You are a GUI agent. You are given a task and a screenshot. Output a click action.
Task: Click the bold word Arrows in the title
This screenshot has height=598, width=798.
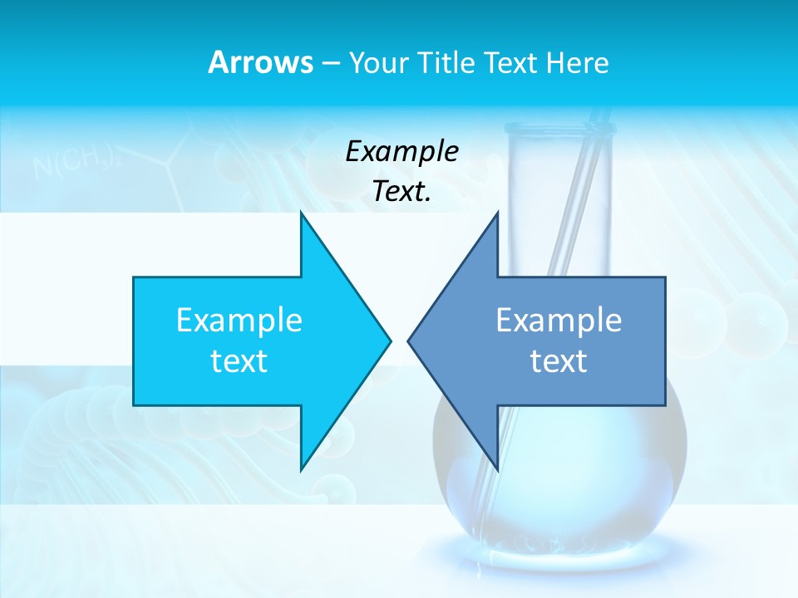261,63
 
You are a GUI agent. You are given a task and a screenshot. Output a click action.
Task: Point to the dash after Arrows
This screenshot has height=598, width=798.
330,64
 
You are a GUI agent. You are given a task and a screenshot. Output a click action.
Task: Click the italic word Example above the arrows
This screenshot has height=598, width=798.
401,152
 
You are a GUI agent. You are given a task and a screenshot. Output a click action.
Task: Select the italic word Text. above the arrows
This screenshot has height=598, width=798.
401,192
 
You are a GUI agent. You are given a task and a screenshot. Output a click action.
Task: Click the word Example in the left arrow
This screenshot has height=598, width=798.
239,321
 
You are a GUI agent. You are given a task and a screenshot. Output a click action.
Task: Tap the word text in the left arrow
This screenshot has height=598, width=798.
239,361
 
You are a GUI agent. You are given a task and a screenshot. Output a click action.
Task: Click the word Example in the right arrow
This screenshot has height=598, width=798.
559,321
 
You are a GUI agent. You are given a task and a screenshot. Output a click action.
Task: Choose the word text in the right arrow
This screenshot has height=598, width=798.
559,361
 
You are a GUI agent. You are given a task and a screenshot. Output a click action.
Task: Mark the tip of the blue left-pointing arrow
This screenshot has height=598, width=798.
409,341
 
